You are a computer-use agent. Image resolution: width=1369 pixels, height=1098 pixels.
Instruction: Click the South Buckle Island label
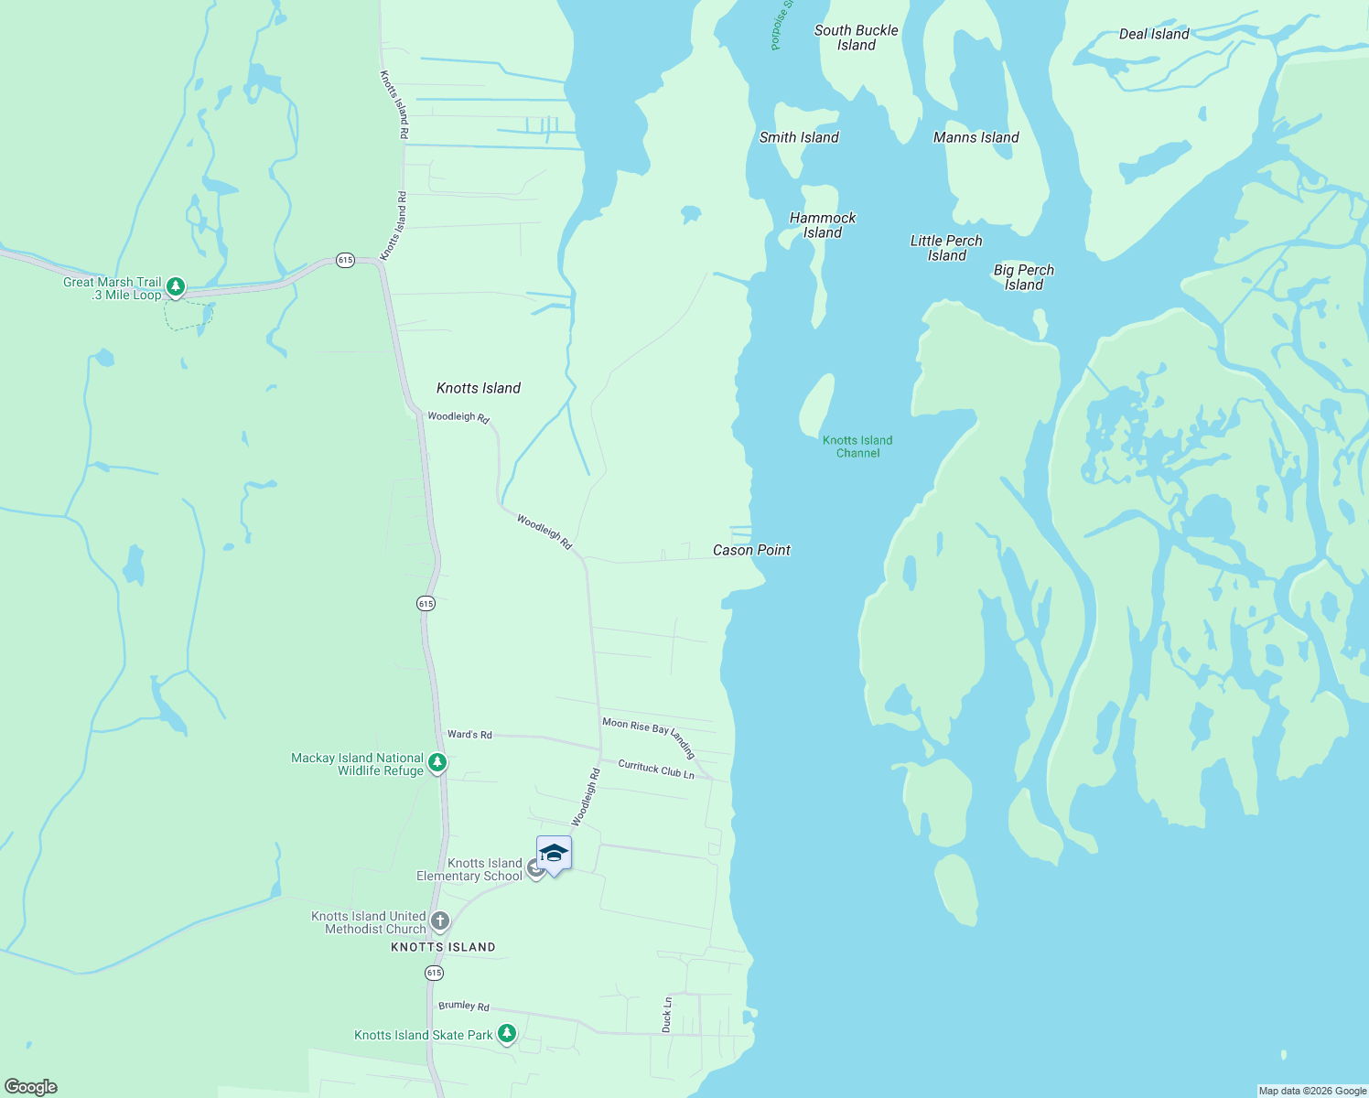(857, 38)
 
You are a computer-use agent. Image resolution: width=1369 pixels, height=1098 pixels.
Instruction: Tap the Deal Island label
(1154, 34)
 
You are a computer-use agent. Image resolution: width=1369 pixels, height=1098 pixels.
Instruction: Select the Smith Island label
(799, 137)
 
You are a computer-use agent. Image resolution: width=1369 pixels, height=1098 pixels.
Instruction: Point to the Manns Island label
(976, 137)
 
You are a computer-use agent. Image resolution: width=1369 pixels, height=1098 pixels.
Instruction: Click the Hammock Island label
(823, 225)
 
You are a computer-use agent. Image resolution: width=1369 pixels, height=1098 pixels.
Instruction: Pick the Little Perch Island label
(946, 248)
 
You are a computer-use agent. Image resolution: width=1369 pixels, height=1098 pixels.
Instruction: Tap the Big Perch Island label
(1024, 277)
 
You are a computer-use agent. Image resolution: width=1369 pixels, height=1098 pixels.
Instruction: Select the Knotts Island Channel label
(857, 447)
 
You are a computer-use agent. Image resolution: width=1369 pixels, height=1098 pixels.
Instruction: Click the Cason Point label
(751, 550)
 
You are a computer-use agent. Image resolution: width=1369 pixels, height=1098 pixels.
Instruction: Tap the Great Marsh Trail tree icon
(176, 286)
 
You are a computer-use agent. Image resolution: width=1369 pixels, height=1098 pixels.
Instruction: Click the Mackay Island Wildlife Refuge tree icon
(437, 762)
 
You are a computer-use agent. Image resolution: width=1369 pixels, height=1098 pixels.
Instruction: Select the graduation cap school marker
(554, 855)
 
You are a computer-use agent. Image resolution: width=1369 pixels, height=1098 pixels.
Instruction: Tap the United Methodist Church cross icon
(440, 920)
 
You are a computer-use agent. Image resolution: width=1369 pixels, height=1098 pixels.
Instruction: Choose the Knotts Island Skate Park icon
(506, 1034)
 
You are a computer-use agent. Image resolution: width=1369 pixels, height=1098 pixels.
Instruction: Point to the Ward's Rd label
(469, 734)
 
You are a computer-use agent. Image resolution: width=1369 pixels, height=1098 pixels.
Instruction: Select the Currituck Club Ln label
(656, 770)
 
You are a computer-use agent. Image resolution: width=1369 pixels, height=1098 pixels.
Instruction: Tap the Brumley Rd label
(464, 1006)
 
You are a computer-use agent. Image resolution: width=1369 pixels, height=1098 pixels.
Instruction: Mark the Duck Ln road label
(667, 1015)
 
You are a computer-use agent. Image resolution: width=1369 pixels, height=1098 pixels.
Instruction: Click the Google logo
(31, 1087)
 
